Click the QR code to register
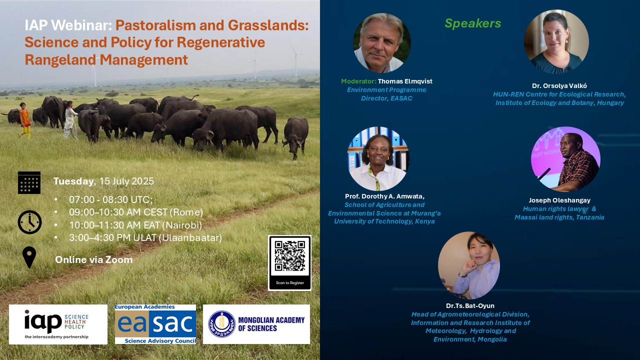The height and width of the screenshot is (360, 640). (289, 256)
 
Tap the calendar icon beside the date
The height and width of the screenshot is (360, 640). (29, 182)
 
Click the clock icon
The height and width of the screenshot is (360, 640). (29, 222)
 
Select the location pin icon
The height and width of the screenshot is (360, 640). (29, 257)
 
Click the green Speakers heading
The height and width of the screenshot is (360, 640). (473, 23)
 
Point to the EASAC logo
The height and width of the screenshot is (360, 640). (155, 324)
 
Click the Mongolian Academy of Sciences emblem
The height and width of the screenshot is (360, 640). (222, 324)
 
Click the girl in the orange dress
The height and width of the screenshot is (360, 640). (25, 120)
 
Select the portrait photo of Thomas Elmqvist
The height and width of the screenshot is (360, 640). (382, 43)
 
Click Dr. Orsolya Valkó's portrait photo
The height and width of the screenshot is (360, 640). (556, 41)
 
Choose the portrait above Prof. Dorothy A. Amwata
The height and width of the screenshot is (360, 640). (378, 159)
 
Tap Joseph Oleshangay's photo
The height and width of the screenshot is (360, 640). (565, 159)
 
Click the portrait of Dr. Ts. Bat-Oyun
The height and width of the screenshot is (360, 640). (469, 265)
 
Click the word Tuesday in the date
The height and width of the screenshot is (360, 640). (73, 181)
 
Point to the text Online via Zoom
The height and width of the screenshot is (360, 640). (93, 259)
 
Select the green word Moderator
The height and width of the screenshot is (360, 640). (359, 81)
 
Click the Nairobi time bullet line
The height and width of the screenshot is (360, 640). (135, 225)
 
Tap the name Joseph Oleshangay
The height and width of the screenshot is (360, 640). (559, 200)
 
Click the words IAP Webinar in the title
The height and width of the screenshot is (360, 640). (68, 25)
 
